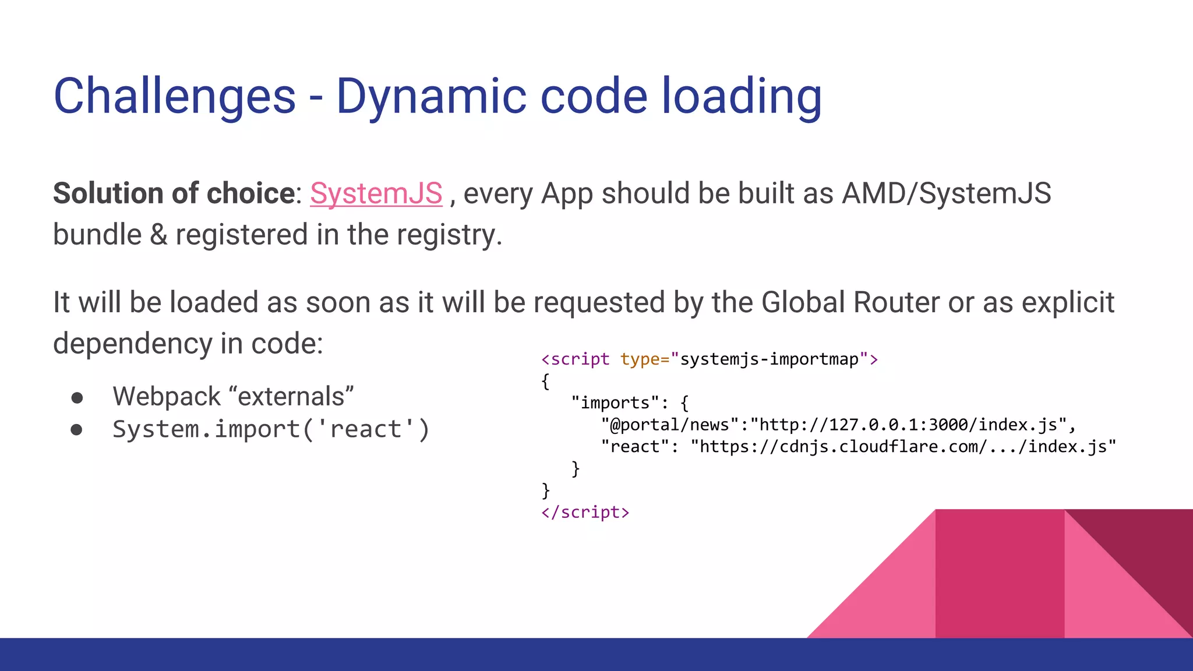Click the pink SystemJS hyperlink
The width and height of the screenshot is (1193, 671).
[x=376, y=193]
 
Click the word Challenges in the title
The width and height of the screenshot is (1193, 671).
[x=174, y=96]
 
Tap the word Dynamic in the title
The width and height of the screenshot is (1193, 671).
[x=431, y=96]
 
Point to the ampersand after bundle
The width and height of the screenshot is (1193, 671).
[x=158, y=235]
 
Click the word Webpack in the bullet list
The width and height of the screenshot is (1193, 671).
[x=167, y=397]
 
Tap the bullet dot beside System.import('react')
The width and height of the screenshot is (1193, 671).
[x=76, y=430]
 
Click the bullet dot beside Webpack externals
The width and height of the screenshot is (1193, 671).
[x=76, y=398]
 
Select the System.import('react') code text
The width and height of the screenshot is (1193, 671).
[x=271, y=430]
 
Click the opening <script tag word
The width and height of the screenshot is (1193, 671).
[x=576, y=359]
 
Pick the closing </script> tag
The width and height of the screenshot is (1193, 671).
[x=585, y=513]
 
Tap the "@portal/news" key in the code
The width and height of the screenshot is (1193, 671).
[x=670, y=425]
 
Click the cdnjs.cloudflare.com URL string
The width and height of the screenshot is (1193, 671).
[x=903, y=447]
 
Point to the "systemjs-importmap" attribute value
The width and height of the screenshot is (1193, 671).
[x=769, y=359]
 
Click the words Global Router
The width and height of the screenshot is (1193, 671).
[x=850, y=303]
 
